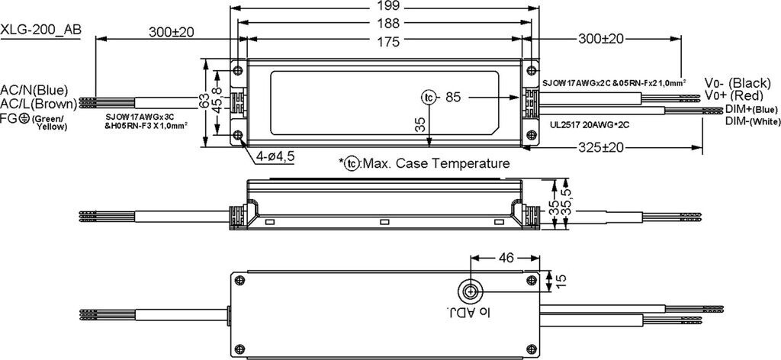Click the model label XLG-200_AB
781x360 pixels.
click(x=41, y=30)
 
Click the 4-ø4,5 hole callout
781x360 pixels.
click(x=275, y=157)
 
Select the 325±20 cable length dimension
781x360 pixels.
click(x=601, y=147)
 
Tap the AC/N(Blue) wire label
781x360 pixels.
click(x=34, y=91)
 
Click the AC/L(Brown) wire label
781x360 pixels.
click(x=38, y=104)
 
